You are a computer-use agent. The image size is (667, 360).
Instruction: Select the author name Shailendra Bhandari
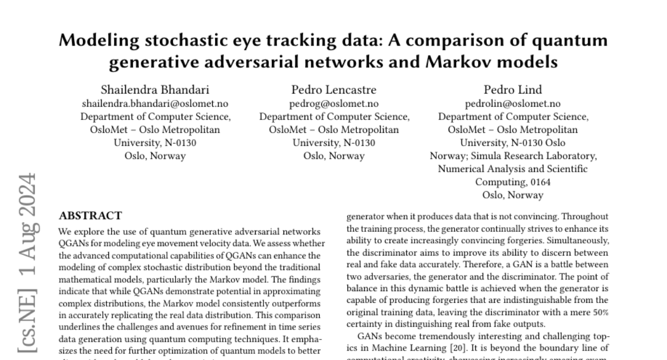(x=155, y=90)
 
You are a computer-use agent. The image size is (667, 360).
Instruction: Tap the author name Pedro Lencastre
(x=333, y=90)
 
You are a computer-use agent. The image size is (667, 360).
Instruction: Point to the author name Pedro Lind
(x=512, y=90)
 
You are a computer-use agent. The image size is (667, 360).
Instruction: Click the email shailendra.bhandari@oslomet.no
(x=155, y=104)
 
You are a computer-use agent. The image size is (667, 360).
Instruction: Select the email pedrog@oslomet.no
(x=333, y=104)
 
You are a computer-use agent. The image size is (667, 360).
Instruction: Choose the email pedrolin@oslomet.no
(x=512, y=104)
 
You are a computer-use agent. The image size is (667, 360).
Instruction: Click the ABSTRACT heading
(x=90, y=216)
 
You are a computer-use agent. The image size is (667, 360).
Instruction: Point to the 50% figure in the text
(x=600, y=312)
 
